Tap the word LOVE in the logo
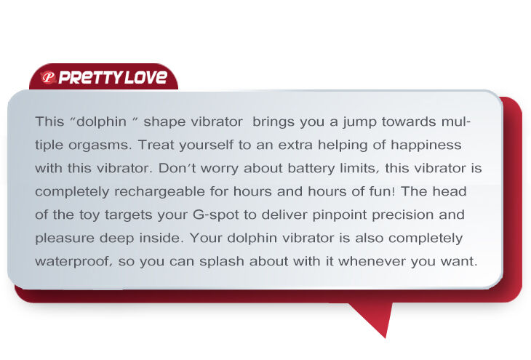point(146,78)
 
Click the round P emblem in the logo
point(48,78)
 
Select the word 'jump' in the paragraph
point(359,122)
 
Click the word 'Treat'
point(156,145)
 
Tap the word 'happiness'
point(426,145)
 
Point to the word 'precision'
point(403,215)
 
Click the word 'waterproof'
point(73,262)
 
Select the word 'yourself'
point(206,145)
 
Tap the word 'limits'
point(359,168)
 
